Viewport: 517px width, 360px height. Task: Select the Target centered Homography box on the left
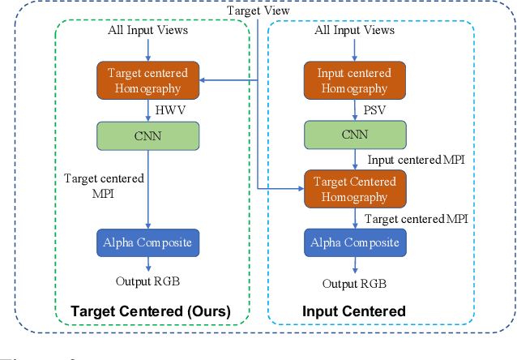pyautogui.click(x=147, y=80)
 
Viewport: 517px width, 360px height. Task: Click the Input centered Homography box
pyautogui.click(x=353, y=80)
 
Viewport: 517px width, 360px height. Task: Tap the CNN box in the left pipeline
pyautogui.click(x=147, y=135)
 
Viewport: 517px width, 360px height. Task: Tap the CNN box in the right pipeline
pyautogui.click(x=353, y=135)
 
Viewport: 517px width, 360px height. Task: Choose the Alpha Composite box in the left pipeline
pyautogui.click(x=147, y=242)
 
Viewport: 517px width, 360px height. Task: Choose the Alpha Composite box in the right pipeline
pyautogui.click(x=353, y=242)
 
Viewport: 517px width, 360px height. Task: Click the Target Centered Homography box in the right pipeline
pyautogui.click(x=355, y=189)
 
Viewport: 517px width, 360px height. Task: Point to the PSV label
pyautogui.click(x=374, y=109)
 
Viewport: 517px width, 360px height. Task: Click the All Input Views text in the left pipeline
pyautogui.click(x=147, y=31)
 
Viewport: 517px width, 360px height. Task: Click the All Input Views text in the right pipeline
pyautogui.click(x=354, y=31)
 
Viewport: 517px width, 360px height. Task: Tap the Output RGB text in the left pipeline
pyautogui.click(x=147, y=281)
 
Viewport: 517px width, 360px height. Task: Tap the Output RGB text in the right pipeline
pyautogui.click(x=354, y=284)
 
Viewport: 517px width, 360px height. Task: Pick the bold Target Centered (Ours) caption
pyautogui.click(x=150, y=311)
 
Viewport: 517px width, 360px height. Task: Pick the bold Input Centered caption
pyautogui.click(x=353, y=311)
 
